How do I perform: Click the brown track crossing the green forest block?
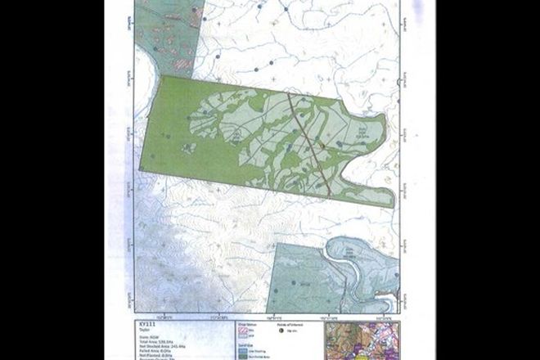pyautogui.click(x=308, y=144)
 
